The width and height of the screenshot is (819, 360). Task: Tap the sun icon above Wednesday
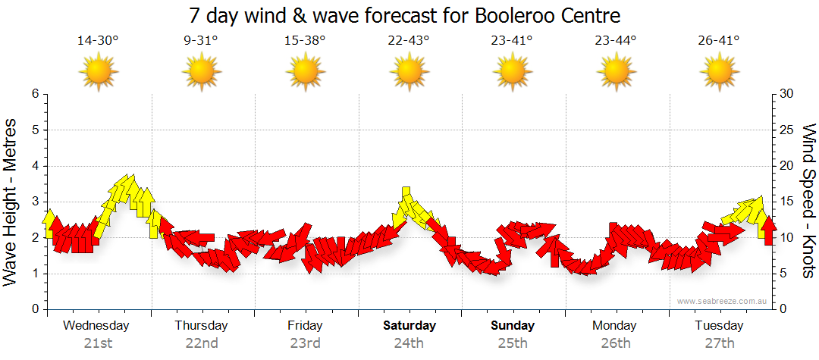(97, 73)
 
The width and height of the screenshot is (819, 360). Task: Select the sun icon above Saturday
(409, 73)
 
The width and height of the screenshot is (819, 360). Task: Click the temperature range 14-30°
(97, 41)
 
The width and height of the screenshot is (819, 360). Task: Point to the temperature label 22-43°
(409, 41)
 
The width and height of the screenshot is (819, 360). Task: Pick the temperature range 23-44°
(616, 41)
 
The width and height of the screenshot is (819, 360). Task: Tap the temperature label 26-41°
(720, 41)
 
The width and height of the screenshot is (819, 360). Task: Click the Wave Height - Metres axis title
(12, 202)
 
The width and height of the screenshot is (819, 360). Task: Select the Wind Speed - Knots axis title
(808, 202)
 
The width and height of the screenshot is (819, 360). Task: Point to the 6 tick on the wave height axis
(34, 94)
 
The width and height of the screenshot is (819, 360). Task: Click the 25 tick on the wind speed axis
(786, 130)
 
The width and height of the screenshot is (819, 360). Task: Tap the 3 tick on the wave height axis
(34, 202)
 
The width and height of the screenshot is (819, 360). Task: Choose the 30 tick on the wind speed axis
(786, 94)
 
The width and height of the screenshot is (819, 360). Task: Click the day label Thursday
(201, 326)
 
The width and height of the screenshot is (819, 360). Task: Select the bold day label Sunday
(513, 326)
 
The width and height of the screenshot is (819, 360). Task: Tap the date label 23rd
(305, 343)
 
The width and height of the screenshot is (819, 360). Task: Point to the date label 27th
(720, 343)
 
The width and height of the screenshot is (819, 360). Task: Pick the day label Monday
(616, 326)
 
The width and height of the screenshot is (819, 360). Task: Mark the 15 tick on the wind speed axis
(786, 202)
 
